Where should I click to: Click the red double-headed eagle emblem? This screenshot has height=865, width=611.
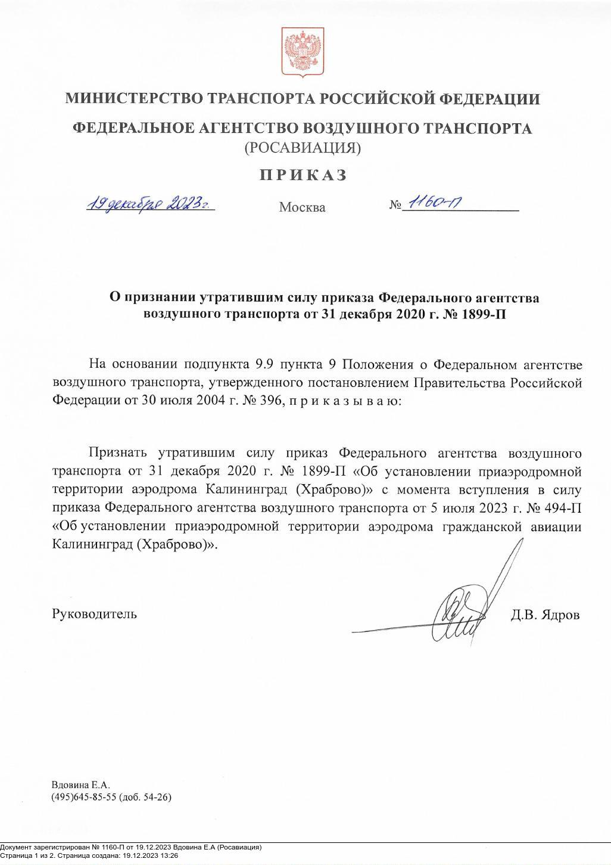click(x=303, y=52)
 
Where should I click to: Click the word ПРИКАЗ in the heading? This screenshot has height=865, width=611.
click(x=303, y=175)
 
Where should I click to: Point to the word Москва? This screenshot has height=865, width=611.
click(x=303, y=207)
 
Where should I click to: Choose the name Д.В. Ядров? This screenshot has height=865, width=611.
click(x=544, y=615)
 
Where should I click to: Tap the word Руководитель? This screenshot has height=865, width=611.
click(x=95, y=613)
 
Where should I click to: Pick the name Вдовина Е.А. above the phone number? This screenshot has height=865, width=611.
click(x=81, y=785)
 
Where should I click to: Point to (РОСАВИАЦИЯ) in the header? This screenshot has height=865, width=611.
click(x=303, y=147)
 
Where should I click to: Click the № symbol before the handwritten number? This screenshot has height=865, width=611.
click(x=396, y=206)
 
